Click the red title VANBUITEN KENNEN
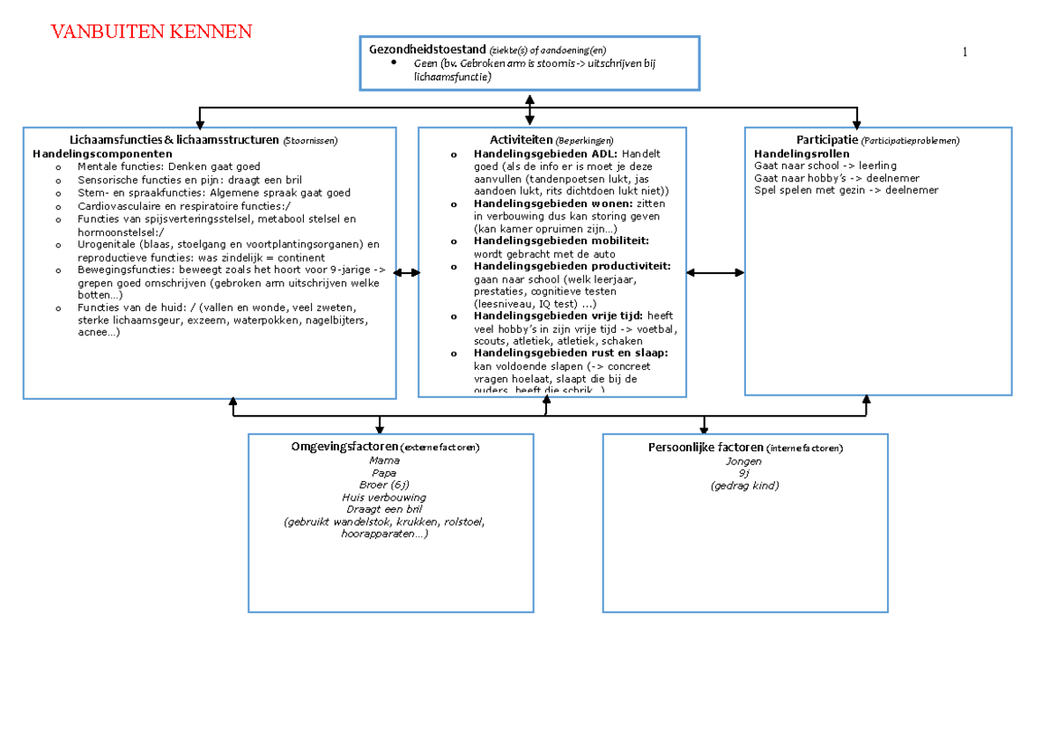(x=151, y=33)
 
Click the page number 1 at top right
(x=965, y=52)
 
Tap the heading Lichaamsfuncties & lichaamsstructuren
(x=174, y=139)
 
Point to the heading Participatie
(x=826, y=139)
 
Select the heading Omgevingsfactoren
(x=344, y=447)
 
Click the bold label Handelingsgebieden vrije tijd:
(x=558, y=315)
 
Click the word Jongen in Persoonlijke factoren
(x=744, y=461)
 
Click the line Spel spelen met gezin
(x=846, y=190)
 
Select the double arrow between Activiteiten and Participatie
(x=714, y=273)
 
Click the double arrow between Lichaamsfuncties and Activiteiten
(x=406, y=273)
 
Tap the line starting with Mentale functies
(x=168, y=166)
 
